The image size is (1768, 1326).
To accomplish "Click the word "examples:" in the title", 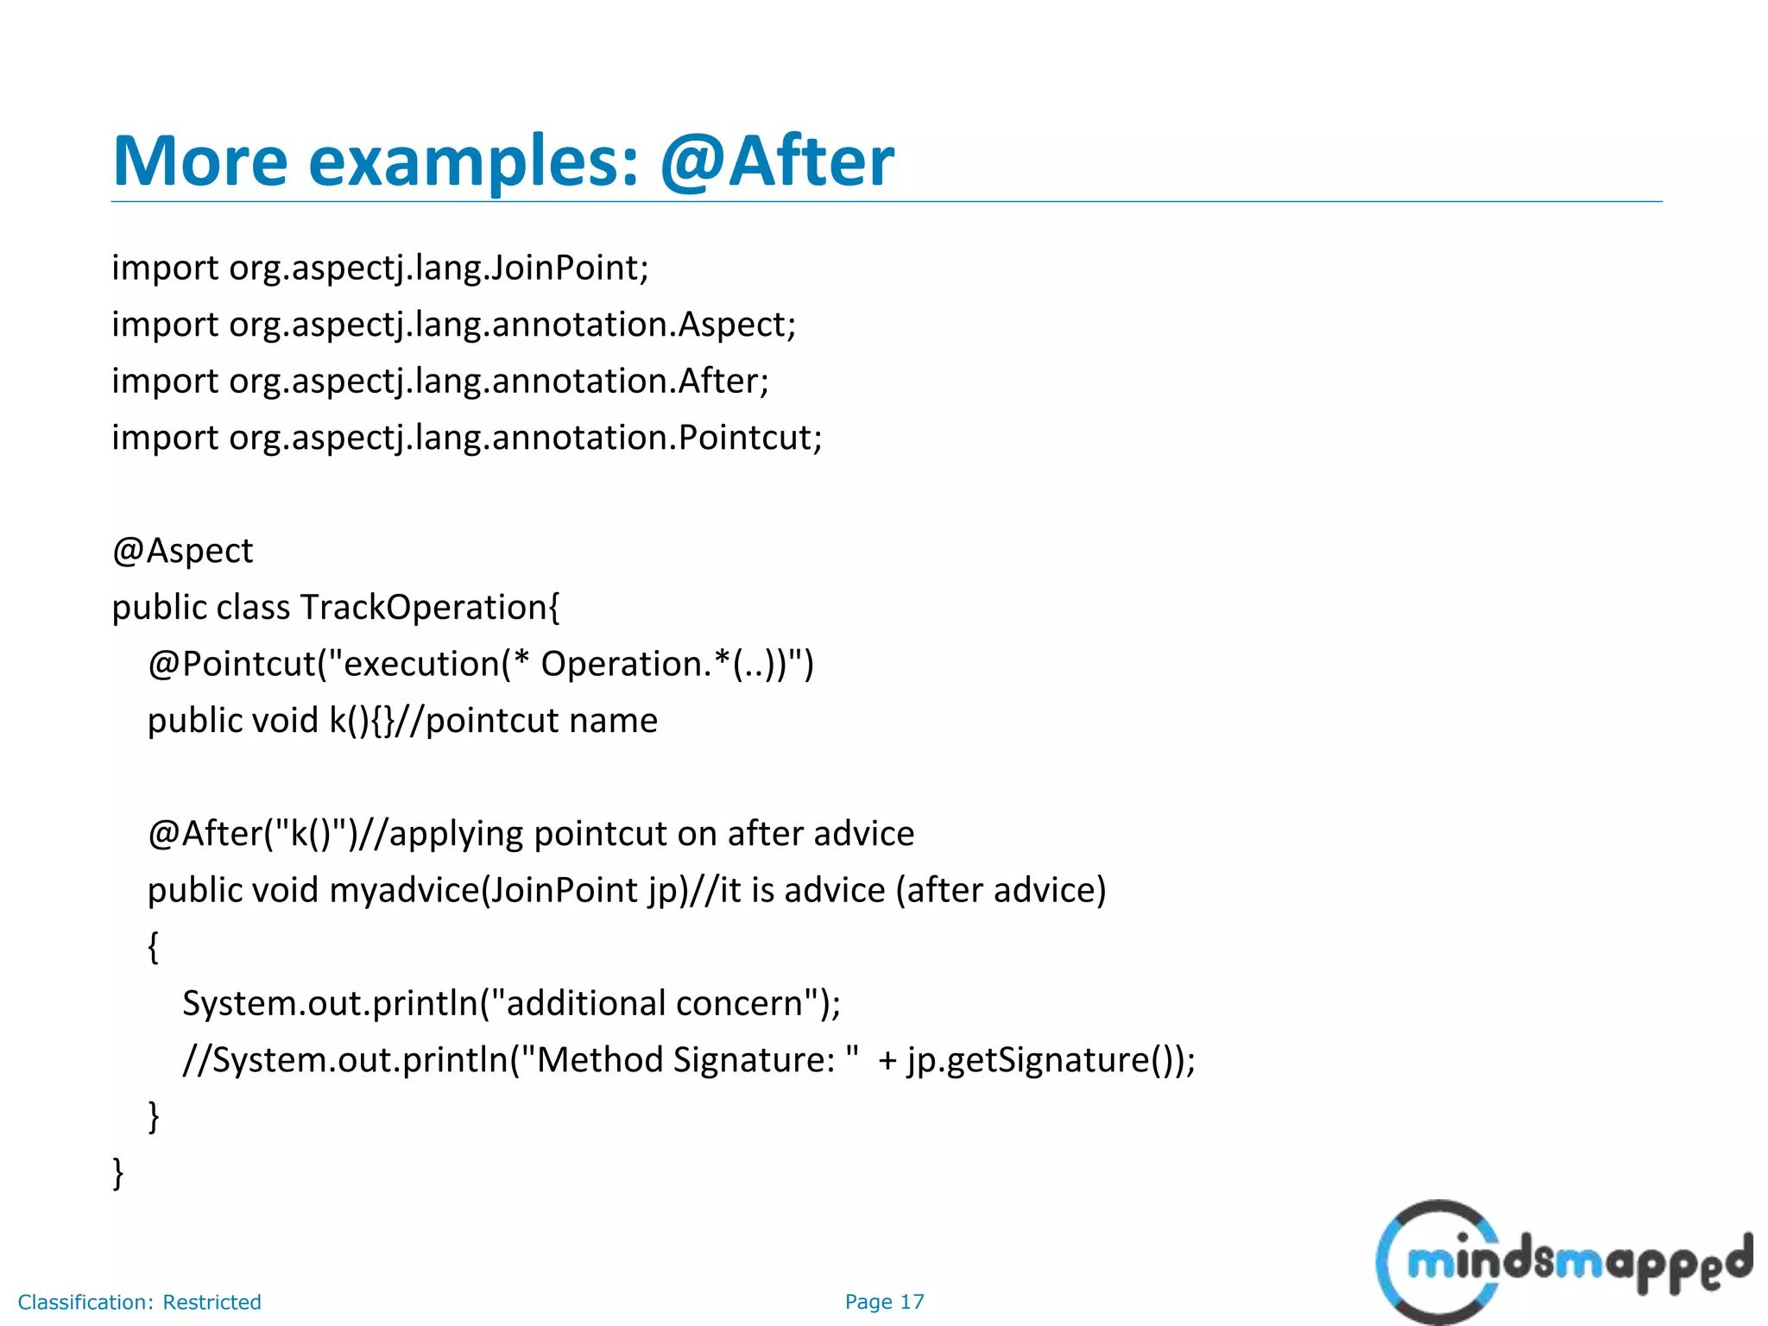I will point(473,162).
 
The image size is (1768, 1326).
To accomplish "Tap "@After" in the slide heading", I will point(777,161).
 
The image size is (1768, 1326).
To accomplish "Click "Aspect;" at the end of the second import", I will point(736,325).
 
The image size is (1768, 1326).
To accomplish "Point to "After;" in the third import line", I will point(723,382).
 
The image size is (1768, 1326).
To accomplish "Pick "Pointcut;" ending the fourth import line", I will point(749,439).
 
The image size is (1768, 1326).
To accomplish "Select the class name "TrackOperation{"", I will point(430,608).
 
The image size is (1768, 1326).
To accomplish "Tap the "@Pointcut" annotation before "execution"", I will point(231,665).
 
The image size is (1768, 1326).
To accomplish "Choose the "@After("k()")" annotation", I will point(252,834).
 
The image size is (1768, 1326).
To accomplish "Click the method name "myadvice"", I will point(404,891).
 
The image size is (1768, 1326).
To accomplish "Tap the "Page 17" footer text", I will point(884,1302).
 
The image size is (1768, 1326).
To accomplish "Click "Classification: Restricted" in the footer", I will point(139,1302).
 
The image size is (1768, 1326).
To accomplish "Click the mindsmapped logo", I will point(1563,1262).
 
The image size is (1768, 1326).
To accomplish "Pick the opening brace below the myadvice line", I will point(154,947).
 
